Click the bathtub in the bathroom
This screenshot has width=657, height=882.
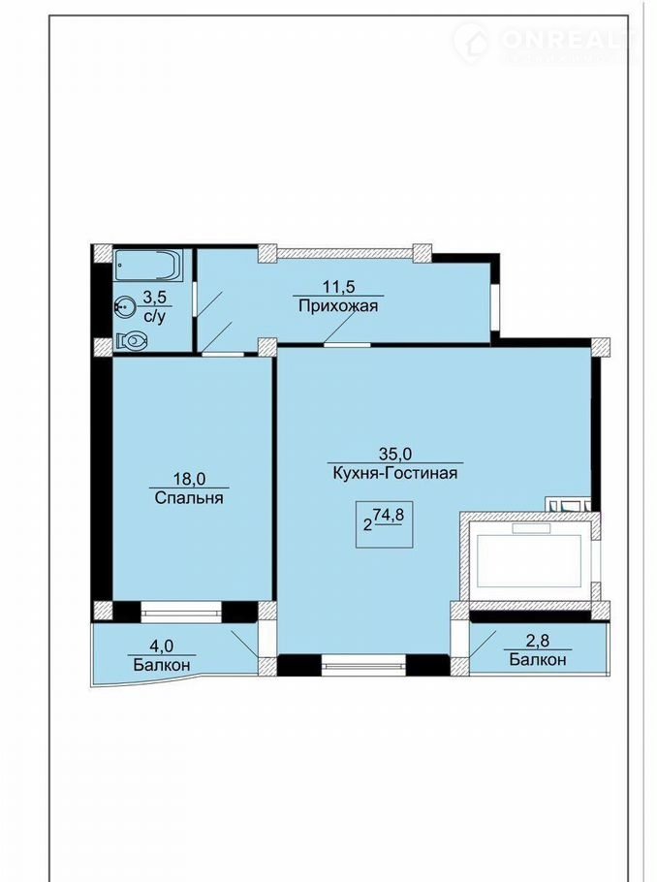point(148,265)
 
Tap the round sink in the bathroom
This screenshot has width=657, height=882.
point(123,307)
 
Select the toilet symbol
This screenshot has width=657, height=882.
point(132,340)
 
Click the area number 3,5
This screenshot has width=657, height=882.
point(156,297)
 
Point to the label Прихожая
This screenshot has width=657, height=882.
point(338,306)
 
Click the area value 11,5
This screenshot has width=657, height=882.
point(338,286)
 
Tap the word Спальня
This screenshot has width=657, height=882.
point(188,498)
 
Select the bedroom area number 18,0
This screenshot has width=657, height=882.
point(189,479)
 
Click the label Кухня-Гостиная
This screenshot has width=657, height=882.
point(395,473)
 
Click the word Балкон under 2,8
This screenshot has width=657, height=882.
point(538,659)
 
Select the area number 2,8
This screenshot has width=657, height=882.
point(537,641)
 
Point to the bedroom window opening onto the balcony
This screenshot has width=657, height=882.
point(181,612)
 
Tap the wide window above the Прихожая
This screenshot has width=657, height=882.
point(345,253)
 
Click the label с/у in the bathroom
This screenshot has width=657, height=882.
point(155,317)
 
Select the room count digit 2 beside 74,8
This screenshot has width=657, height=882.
point(368,526)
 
